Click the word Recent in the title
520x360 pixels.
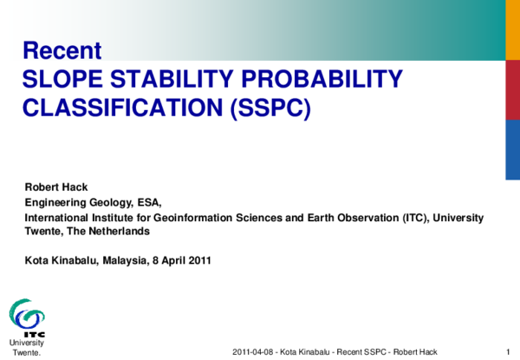coord(62,50)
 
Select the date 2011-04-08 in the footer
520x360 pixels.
coord(252,351)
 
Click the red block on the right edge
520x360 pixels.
coord(512,89)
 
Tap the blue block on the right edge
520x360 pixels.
coord(512,146)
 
